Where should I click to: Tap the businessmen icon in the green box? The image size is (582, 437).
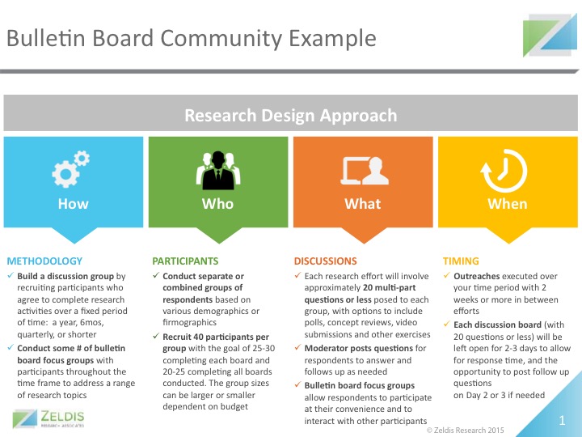(218, 170)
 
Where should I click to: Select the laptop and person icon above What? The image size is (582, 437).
(365, 171)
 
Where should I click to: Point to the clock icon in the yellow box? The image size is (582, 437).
(504, 171)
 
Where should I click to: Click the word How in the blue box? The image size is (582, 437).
(73, 204)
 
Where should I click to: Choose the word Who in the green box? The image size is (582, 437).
(218, 204)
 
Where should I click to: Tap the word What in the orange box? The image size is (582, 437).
(363, 204)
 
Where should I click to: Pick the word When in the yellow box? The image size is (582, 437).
(508, 204)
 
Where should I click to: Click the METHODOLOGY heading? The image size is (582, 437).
(44, 261)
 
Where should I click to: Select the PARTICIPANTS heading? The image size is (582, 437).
(185, 261)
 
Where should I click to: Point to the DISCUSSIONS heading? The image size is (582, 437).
(326, 261)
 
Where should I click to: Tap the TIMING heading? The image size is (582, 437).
(461, 261)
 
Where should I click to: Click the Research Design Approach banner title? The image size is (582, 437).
(291, 115)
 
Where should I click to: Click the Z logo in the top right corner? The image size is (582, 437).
(550, 36)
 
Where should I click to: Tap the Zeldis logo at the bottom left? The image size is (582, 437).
(48, 419)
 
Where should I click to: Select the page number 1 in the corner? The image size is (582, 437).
(562, 420)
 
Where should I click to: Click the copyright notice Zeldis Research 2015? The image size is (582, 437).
(465, 431)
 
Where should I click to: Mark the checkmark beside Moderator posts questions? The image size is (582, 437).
(297, 347)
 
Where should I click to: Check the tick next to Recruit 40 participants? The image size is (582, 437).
(156, 336)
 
